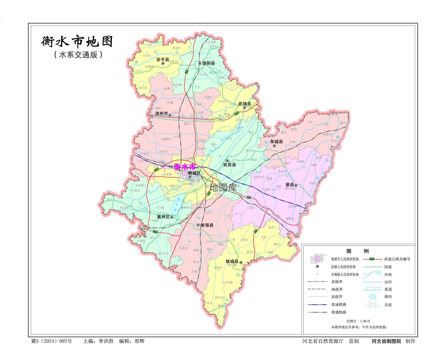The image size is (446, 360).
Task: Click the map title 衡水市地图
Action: [x=77, y=42]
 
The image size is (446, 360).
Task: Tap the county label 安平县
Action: [x=163, y=59]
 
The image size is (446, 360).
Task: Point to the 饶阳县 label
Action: [x=208, y=64]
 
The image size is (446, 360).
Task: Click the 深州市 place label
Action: [x=161, y=114]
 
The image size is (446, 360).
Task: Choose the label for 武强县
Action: [x=244, y=104]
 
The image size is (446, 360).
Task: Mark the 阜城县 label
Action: [x=277, y=142]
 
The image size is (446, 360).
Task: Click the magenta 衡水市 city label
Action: [x=184, y=167]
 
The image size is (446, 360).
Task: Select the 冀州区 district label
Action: [x=164, y=217]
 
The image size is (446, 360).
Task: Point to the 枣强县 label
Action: [x=206, y=225]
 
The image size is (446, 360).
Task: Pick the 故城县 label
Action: [x=232, y=261]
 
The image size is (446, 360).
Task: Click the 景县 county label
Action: [x=290, y=184]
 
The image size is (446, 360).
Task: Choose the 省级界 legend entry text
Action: [x=338, y=282]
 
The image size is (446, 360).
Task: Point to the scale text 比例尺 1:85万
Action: [x=359, y=321]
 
